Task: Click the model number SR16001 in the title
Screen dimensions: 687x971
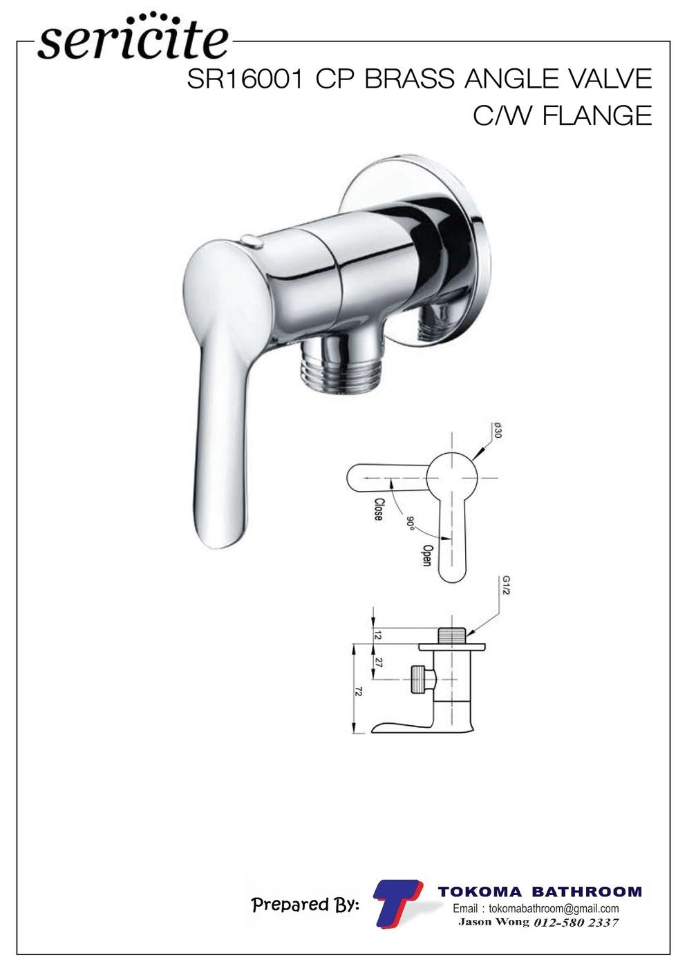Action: click(x=245, y=79)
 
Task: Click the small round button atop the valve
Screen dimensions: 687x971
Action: click(x=253, y=240)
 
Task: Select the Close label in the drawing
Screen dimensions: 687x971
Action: click(x=379, y=510)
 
